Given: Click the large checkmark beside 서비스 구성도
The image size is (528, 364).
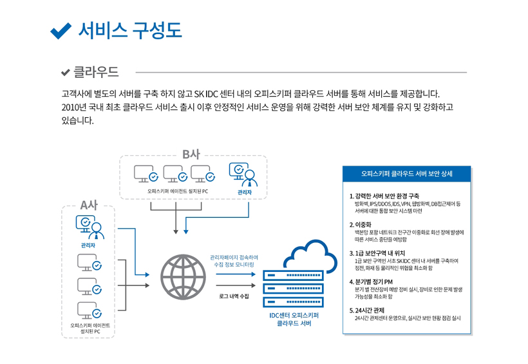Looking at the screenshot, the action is pyautogui.click(x=60, y=30).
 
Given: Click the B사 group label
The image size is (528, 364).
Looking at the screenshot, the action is pyautogui.click(x=191, y=154).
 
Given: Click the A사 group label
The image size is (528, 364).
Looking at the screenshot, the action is pyautogui.click(x=89, y=206).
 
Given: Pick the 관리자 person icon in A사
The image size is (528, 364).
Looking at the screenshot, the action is pyautogui.click(x=90, y=226).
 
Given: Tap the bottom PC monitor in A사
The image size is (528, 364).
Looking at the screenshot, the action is pyautogui.click(x=89, y=309).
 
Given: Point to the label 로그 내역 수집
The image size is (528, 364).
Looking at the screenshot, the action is pyautogui.click(x=234, y=296).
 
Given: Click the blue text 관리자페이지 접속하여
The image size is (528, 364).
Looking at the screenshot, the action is pyautogui.click(x=234, y=256).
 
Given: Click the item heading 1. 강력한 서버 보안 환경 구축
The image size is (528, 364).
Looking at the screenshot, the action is pyautogui.click(x=384, y=196).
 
